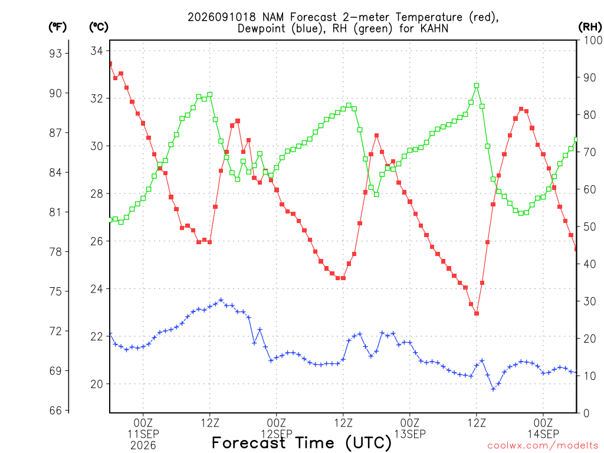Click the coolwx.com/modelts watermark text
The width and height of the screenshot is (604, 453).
543,446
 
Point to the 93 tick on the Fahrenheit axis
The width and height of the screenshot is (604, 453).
55,53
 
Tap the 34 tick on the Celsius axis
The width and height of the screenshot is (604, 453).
97,51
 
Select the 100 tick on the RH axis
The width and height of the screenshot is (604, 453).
592,40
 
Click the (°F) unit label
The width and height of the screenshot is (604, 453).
57,27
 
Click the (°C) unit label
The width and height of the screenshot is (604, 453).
99,27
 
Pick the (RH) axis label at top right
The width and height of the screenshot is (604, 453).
590,27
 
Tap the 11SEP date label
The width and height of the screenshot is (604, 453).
143,434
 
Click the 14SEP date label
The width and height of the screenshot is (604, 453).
543,434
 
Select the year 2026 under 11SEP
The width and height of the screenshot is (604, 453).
143,445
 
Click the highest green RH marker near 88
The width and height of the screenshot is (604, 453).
477,86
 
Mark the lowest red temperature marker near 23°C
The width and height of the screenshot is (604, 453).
477,314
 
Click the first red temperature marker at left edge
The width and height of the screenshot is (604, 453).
110,64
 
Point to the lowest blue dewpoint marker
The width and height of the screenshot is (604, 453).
493,389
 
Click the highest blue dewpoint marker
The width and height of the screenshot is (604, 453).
221,300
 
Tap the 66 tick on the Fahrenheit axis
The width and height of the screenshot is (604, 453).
55,411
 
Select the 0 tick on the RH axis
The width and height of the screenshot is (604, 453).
586,413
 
